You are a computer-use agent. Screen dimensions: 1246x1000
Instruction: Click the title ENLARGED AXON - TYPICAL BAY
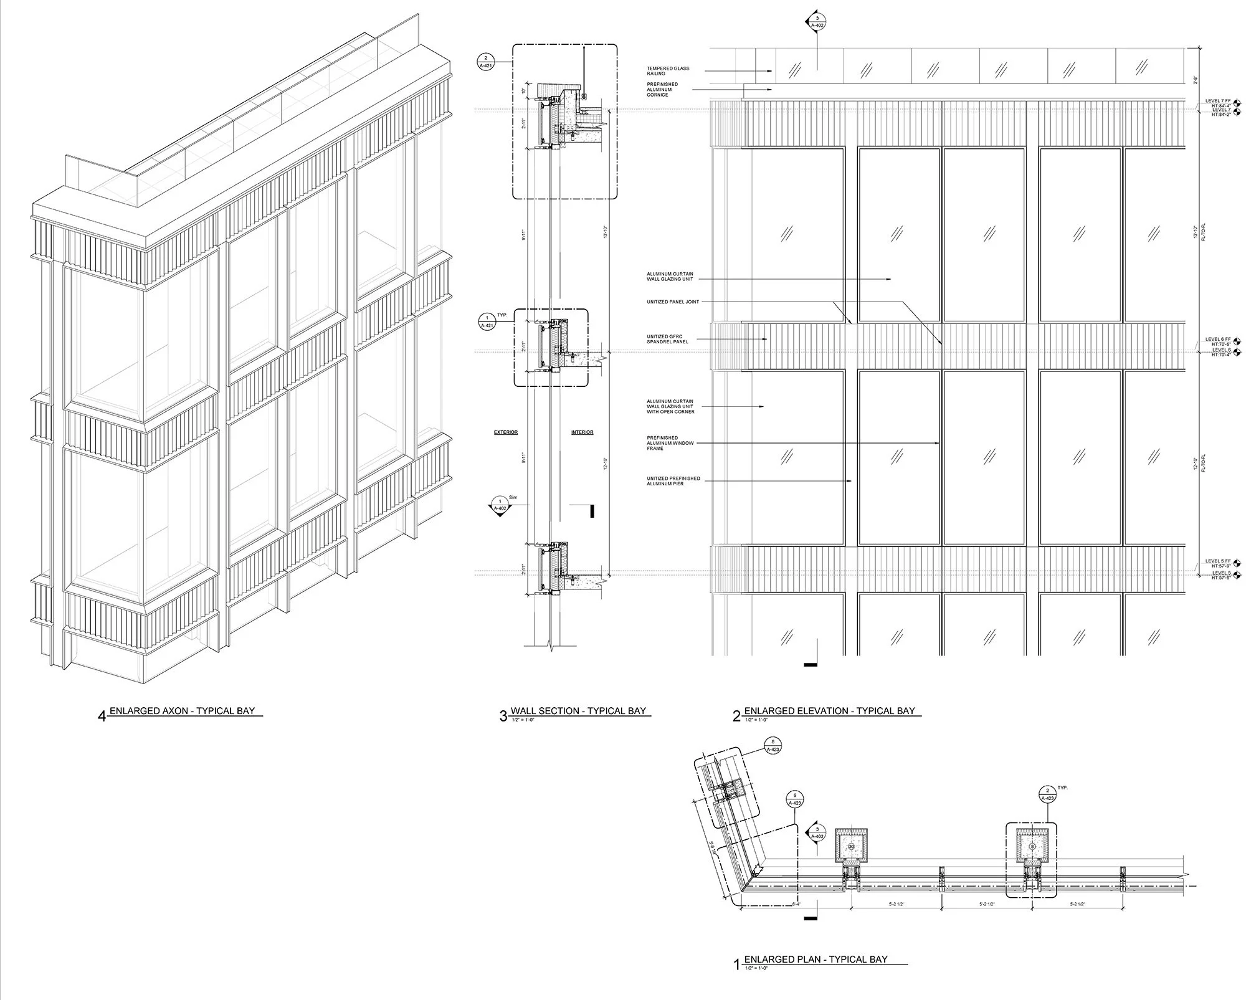[182, 711]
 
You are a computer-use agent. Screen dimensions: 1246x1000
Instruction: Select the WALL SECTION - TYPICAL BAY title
[578, 711]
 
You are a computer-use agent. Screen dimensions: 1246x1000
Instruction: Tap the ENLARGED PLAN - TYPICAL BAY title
[816, 960]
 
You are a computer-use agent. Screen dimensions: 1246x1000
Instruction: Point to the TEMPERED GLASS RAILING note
[668, 71]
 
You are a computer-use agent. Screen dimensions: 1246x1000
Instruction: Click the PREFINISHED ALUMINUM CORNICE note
[662, 90]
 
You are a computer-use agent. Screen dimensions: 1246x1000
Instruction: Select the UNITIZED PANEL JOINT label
[673, 302]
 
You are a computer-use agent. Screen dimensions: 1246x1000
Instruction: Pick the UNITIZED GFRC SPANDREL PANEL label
[667, 340]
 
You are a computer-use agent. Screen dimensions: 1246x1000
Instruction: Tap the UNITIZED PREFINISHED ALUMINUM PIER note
[673, 481]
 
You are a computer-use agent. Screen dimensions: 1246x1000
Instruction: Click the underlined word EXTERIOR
[506, 432]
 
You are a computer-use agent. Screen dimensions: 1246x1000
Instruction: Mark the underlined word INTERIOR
[583, 432]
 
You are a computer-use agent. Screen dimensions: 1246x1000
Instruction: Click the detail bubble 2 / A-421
[485, 61]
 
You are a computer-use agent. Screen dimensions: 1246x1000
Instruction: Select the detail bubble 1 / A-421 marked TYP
[485, 321]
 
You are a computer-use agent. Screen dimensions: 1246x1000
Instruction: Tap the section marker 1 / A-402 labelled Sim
[499, 505]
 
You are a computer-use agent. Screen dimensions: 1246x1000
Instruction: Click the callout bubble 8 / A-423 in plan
[773, 746]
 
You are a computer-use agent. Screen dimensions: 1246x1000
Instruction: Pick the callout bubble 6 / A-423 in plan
[795, 799]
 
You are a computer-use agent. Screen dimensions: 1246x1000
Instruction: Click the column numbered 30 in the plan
[851, 847]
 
